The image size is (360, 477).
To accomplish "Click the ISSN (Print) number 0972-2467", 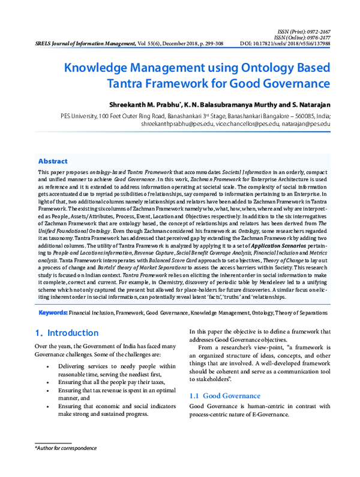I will pyautogui.click(x=329, y=29).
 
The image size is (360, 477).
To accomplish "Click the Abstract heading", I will pyautogui.click(x=53, y=161).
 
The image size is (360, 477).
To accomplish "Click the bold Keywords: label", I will pyautogui.click(x=53, y=313).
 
